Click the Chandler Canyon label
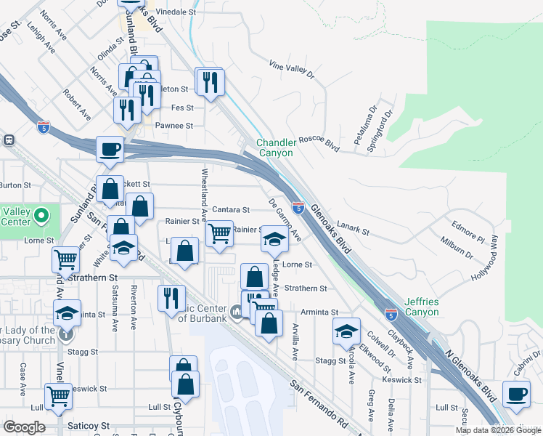pos(274,148)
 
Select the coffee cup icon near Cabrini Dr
pos(517,395)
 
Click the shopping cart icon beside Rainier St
pos(219,234)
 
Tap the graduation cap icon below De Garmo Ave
pos(274,239)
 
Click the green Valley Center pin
pos(41,216)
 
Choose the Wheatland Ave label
pos(205,191)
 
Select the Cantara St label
pos(231,210)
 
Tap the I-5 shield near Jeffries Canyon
pos(391,314)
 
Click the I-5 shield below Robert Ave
pos(44,126)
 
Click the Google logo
pos(25,427)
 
